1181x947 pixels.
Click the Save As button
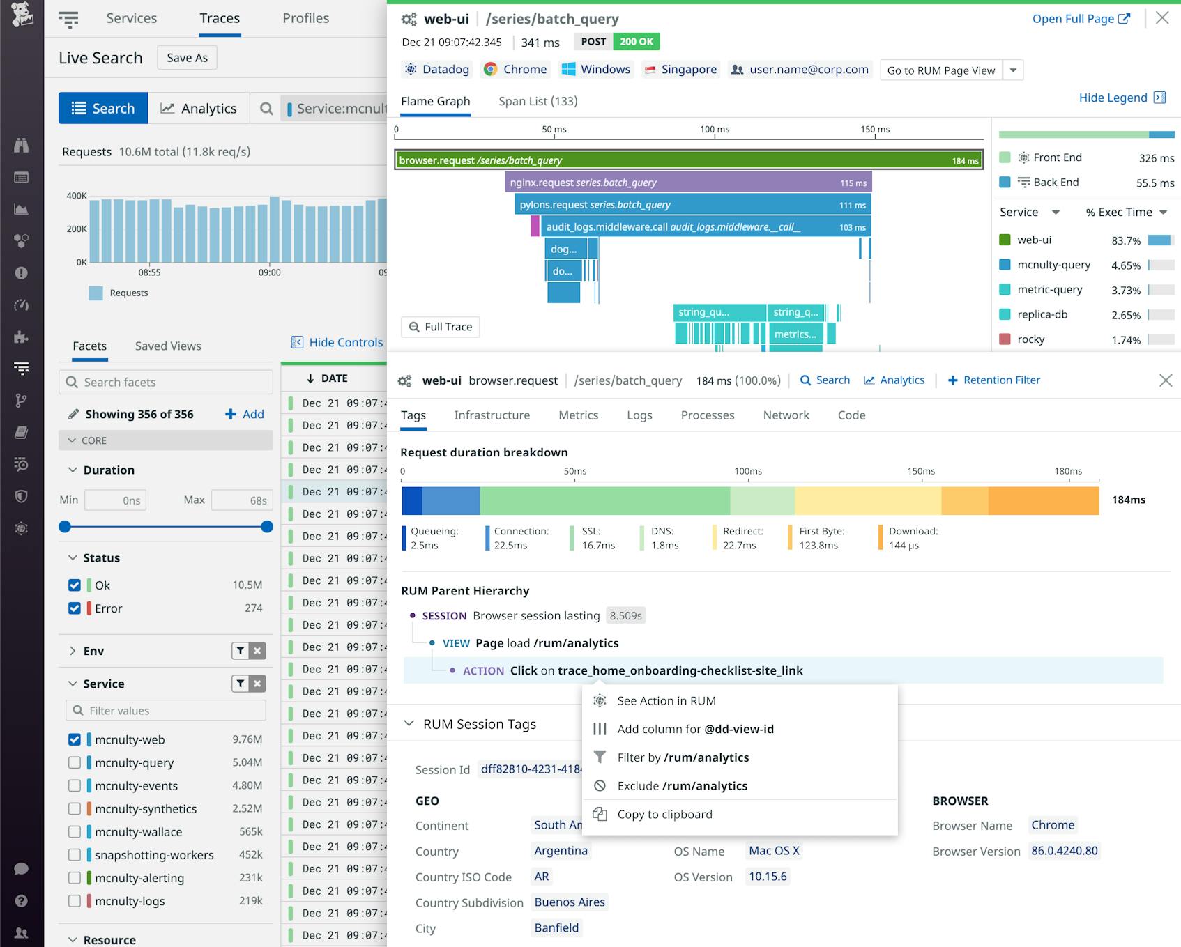tap(187, 58)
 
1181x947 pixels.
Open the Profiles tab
tap(305, 18)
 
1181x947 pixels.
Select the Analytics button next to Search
tap(199, 108)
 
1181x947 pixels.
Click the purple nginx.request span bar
tap(687, 183)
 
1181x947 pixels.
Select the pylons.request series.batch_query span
tap(692, 205)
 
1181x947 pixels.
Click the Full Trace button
tap(441, 327)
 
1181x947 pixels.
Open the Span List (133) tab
tap(538, 101)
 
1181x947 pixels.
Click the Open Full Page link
tap(1080, 19)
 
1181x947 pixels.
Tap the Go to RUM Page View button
tap(940, 70)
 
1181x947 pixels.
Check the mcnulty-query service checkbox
tap(75, 762)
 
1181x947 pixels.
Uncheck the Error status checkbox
tap(75, 608)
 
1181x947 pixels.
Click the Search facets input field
tap(166, 382)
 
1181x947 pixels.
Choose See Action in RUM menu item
tap(666, 700)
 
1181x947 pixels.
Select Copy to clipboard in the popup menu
tap(664, 814)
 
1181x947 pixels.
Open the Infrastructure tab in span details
tap(492, 415)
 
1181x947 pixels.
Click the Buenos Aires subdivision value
tap(569, 902)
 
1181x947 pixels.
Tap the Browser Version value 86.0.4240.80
tap(1064, 851)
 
